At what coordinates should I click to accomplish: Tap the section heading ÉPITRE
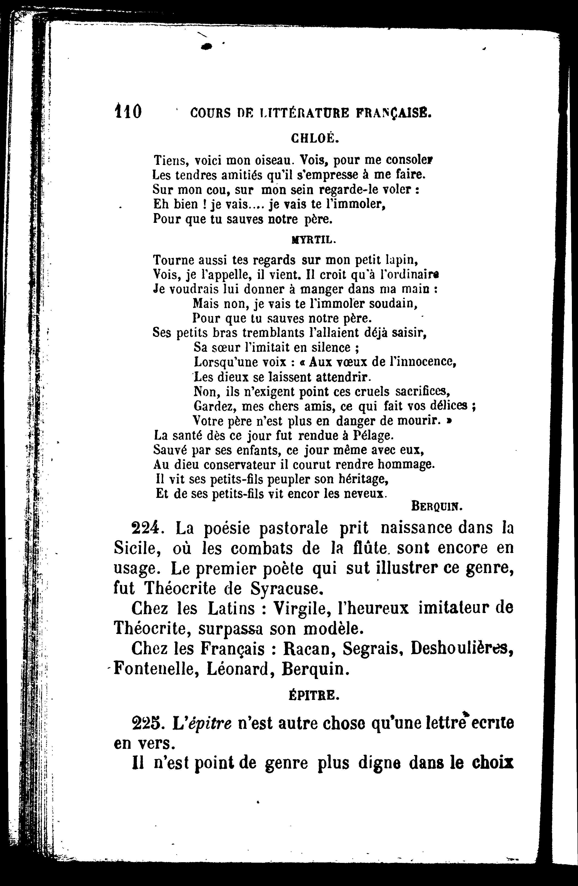314,695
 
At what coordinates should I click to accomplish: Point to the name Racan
307,649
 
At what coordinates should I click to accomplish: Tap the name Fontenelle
154,669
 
